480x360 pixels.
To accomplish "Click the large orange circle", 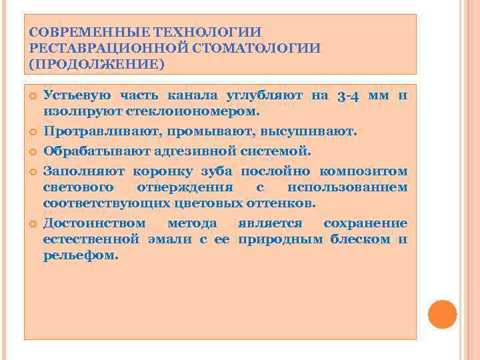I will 441,315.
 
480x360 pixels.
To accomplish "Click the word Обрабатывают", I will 92,151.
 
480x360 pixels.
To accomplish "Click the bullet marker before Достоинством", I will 31,223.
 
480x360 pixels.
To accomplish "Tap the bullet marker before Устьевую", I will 31,97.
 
